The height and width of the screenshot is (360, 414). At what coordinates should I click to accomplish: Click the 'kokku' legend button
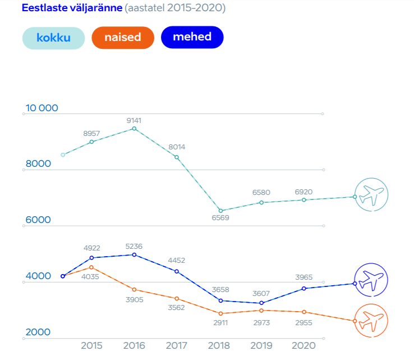pyautogui.click(x=53, y=38)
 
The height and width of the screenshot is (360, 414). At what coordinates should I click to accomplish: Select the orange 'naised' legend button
pyautogui.click(x=122, y=38)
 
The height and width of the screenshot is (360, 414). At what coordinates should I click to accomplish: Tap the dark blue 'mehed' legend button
pyautogui.click(x=192, y=38)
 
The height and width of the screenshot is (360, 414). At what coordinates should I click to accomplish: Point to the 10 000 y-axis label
pyautogui.click(x=42, y=108)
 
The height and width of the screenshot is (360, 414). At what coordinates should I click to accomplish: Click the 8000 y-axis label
pyautogui.click(x=38, y=164)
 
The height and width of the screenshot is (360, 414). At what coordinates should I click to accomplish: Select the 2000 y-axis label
pyautogui.click(x=38, y=332)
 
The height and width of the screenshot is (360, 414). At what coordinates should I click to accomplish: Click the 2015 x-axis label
pyautogui.click(x=91, y=345)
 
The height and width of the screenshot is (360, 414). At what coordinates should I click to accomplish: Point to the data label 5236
pyautogui.click(x=134, y=246)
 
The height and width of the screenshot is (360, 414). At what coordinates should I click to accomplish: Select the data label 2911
pyautogui.click(x=220, y=323)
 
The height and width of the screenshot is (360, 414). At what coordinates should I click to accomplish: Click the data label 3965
pyautogui.click(x=303, y=277)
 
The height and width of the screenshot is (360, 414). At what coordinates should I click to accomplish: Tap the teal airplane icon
pyautogui.click(x=371, y=195)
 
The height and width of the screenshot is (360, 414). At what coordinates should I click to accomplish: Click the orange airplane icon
pyautogui.click(x=371, y=321)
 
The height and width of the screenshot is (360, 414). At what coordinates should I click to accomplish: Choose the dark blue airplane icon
pyautogui.click(x=371, y=279)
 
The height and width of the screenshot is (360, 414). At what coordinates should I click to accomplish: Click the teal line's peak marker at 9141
pyautogui.click(x=134, y=129)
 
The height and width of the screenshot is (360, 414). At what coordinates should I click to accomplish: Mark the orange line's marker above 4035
pyautogui.click(x=91, y=267)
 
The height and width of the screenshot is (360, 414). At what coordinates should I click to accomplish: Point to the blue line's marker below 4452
pyautogui.click(x=177, y=271)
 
